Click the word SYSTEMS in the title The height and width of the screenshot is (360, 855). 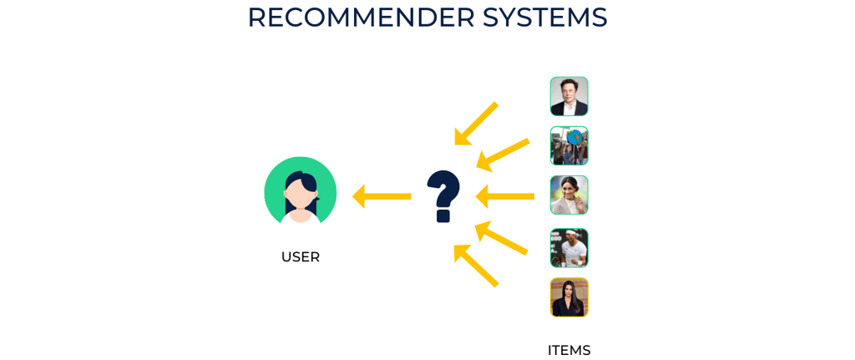544,18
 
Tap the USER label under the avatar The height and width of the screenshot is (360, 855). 300,257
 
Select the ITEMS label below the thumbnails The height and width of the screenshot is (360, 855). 569,350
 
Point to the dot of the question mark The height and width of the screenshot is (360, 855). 443,215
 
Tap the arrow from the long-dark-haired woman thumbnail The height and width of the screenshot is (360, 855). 475,266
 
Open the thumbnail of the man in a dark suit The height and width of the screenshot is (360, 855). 569,96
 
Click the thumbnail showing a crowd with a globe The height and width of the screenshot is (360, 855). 569,145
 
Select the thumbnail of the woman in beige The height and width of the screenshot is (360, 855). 569,195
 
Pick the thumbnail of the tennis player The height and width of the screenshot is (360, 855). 569,248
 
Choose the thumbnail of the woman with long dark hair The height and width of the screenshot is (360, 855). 569,297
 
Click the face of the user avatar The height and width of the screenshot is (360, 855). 299,194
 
